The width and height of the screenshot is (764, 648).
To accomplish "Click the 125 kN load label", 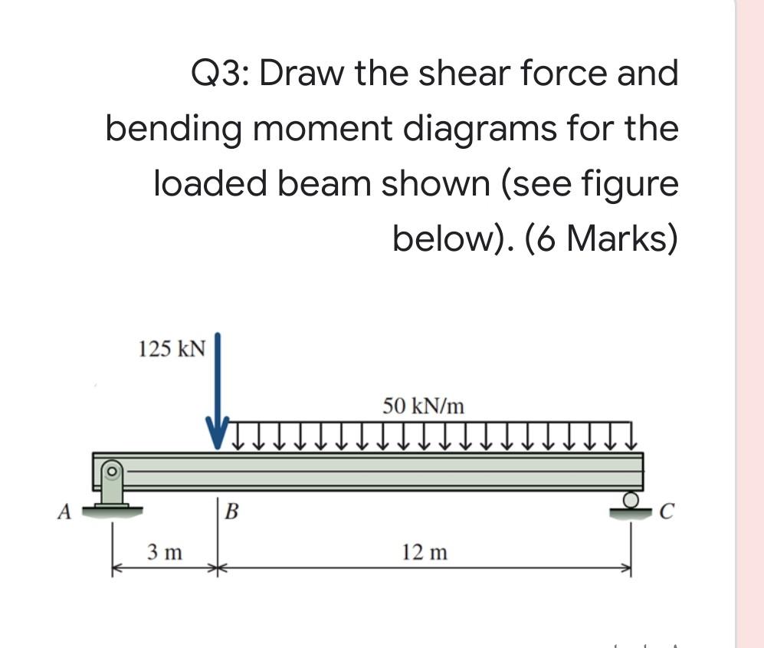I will [172, 349].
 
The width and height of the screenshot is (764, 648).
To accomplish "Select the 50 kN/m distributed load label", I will [423, 406].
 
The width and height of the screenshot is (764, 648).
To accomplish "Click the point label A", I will [66, 511].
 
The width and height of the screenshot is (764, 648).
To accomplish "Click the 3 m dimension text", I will [165, 551].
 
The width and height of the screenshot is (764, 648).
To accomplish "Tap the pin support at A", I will [113, 491].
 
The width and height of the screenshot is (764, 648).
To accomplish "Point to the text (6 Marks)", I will [602, 239].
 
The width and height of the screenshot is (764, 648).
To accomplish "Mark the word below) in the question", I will [453, 239].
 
